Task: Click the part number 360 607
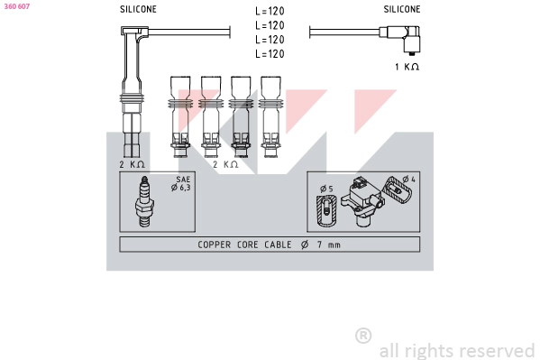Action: coord(17,6)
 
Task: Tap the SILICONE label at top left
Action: coord(138,9)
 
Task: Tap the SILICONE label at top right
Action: coord(401,9)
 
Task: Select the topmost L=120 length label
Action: coord(270,12)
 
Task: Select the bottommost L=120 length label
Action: coord(270,54)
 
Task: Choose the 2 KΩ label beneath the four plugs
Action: coord(224,164)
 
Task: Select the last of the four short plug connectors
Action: coord(270,113)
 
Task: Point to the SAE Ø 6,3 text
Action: coord(182,185)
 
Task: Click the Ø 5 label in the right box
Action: coord(325,189)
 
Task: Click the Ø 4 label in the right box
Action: coord(407,180)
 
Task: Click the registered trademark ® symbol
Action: coord(363,336)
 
